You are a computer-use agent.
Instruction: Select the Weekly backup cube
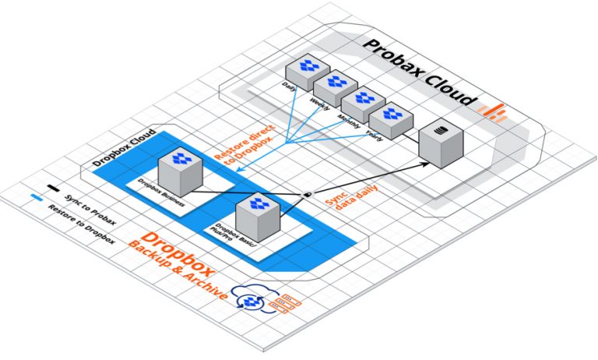[334, 86]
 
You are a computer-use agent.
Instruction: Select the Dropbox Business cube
[180, 173]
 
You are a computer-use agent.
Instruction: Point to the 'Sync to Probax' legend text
[90, 208]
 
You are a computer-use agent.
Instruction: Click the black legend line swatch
[53, 188]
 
